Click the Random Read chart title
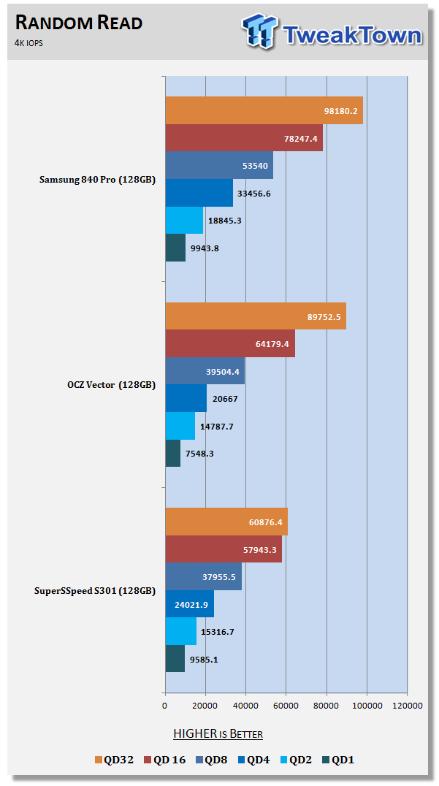77,23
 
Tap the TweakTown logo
332,32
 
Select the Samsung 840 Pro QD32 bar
264,110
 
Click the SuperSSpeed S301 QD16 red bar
224,549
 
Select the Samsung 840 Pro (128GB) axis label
97,180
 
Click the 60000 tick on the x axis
286,706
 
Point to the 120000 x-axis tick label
407,706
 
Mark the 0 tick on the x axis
165,706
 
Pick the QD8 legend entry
210,760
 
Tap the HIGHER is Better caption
218,733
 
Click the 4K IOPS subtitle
29,42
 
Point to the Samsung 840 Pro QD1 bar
175,248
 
